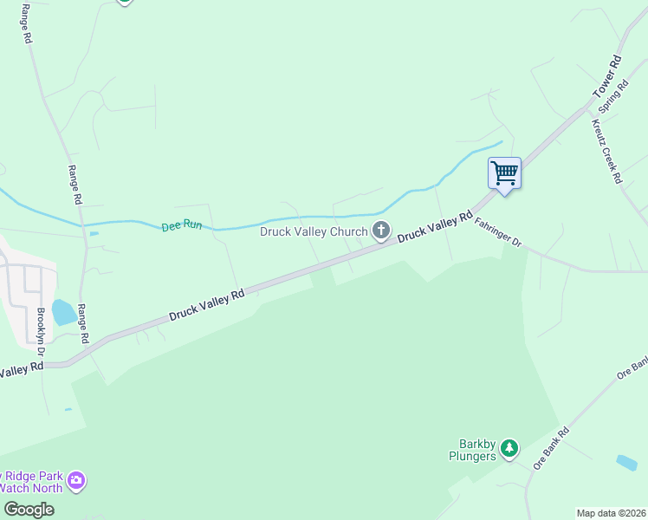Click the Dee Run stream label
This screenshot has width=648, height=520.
pos(181,226)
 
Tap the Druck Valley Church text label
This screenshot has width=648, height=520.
pos(314,231)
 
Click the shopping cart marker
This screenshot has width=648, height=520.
pos(504,172)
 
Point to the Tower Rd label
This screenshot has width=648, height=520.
pos(607,77)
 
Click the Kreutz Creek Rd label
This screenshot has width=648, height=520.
pos(606,149)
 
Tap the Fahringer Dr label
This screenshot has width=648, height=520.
pos(498,232)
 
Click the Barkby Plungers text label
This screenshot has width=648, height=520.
pos(472,451)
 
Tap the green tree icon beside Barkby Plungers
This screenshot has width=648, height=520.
pos(510,448)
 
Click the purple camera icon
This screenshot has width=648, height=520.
pos(77,479)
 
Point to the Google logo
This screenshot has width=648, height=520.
pos(28,510)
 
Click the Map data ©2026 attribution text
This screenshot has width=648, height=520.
pos(612,513)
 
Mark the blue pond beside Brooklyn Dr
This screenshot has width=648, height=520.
pos(63,311)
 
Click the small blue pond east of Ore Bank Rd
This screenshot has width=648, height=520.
pos(625,462)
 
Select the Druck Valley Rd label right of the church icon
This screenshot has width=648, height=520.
pos(435,227)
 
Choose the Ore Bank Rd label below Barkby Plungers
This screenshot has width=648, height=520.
pos(550,448)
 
